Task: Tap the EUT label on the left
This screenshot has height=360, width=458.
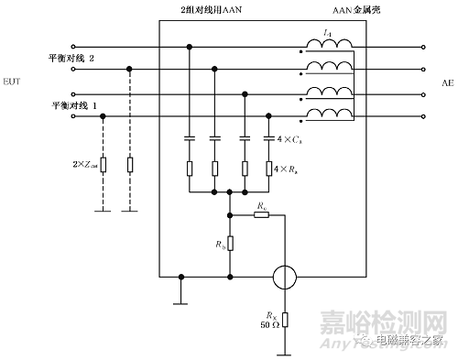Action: coord(12,82)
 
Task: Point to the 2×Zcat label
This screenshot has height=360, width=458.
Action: coord(77,165)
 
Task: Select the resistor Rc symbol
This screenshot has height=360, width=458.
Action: coord(262,215)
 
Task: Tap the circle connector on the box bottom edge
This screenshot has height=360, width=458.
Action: coord(284,276)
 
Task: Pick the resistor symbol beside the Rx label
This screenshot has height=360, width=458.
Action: coord(284,319)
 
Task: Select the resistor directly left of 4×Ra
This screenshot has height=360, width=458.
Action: coord(268,169)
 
